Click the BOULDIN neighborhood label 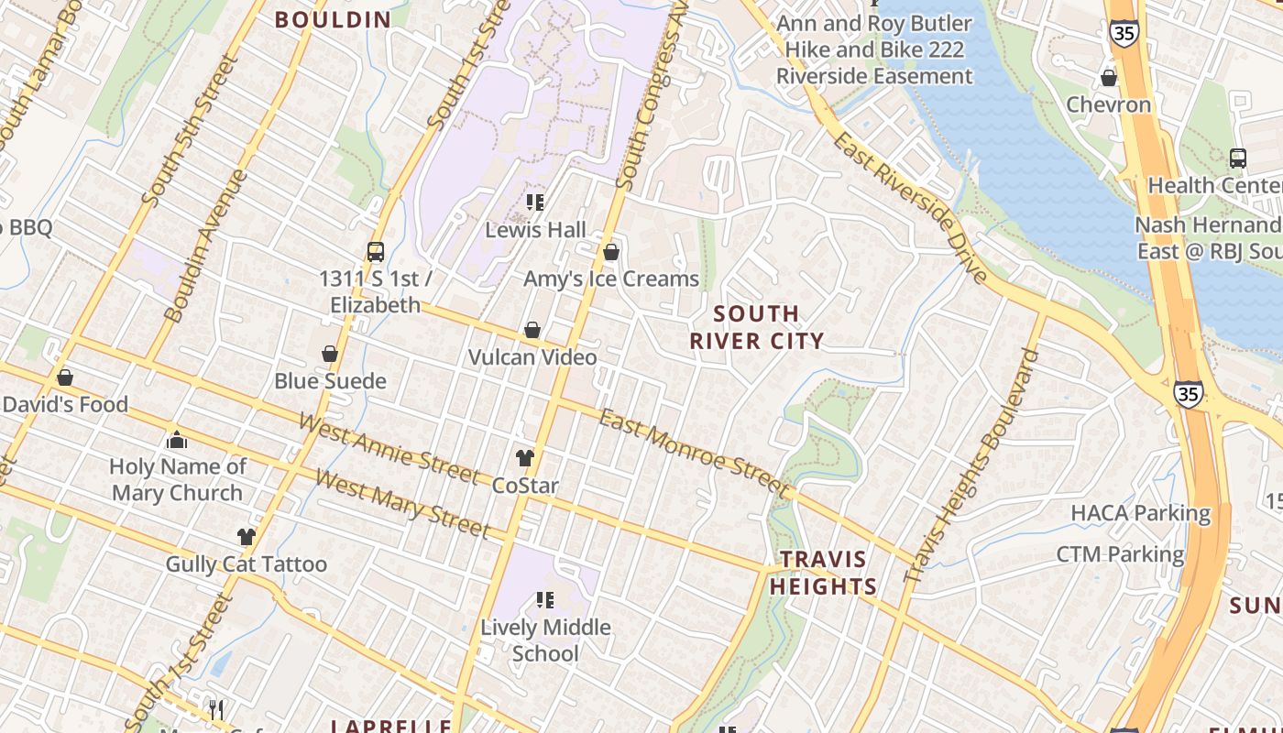(x=333, y=19)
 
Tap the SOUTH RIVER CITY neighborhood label (x=756, y=327)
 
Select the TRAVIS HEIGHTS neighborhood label (x=823, y=573)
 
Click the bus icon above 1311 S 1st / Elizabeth (x=375, y=251)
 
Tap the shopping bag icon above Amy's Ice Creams (x=611, y=252)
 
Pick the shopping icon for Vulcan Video (x=532, y=330)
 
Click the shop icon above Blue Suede (x=330, y=354)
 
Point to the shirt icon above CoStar (x=524, y=457)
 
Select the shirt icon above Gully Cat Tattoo (x=246, y=537)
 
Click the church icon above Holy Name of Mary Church (x=177, y=441)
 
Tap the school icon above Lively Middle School (x=545, y=601)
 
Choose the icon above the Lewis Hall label (x=535, y=202)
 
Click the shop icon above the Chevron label (x=1108, y=78)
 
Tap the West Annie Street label (x=389, y=448)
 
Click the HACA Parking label (x=1140, y=513)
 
